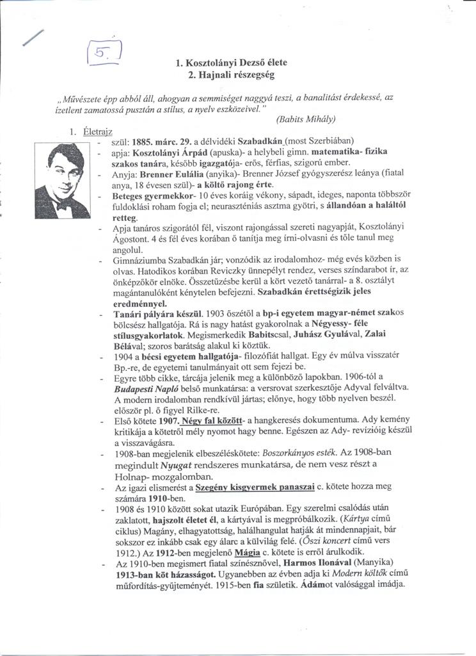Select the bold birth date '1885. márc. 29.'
click(161, 140)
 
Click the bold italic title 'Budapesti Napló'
click(145, 388)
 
